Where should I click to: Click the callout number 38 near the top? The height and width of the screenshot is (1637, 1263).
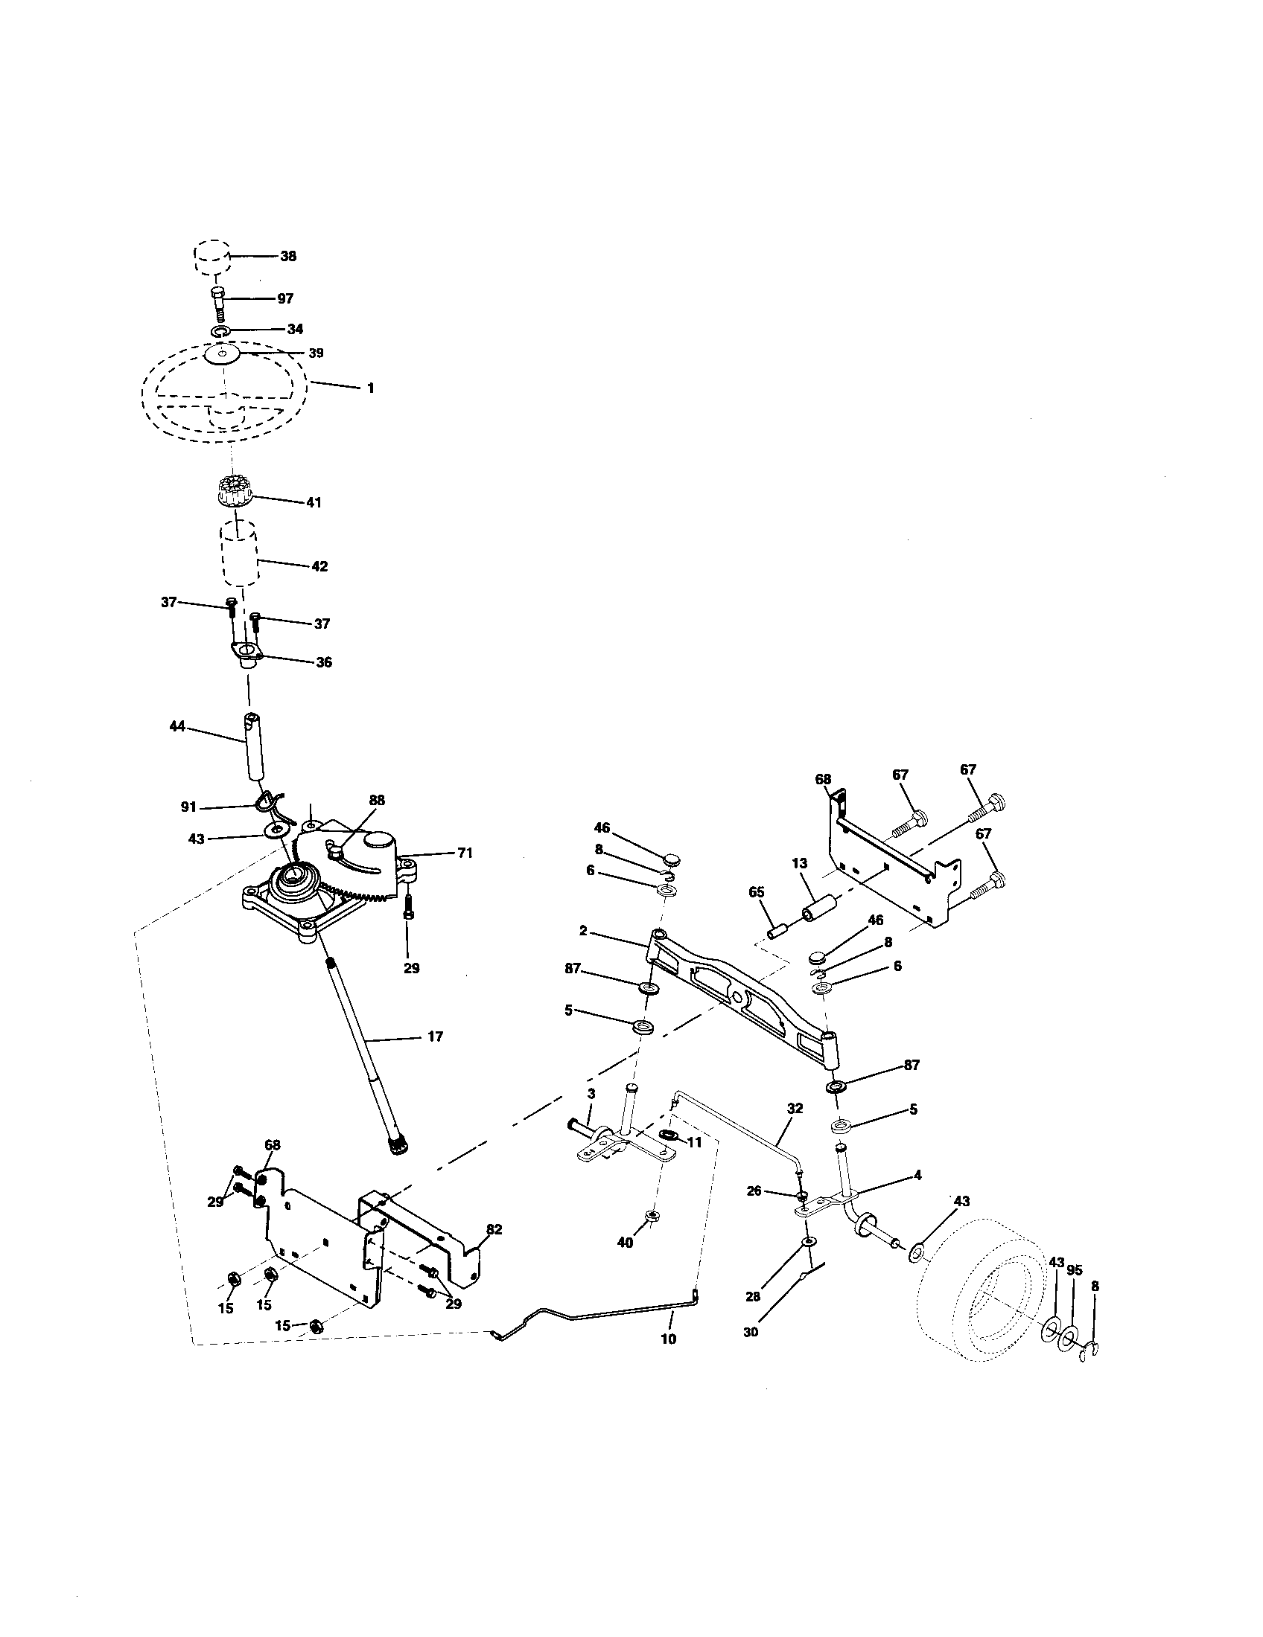click(288, 257)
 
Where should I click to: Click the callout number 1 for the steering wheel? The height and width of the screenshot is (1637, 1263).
click(370, 388)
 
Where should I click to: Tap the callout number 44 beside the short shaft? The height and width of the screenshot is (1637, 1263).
click(177, 726)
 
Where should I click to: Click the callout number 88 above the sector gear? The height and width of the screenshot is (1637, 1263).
click(377, 801)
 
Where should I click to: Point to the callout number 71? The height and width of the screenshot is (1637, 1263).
click(464, 853)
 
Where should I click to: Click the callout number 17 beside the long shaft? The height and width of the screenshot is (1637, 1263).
click(435, 1037)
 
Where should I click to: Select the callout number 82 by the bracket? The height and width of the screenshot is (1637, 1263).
click(494, 1230)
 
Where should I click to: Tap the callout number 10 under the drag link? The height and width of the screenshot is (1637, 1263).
click(667, 1339)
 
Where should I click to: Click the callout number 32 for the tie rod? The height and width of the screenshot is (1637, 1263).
click(795, 1108)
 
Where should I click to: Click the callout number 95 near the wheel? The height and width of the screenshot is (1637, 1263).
click(1075, 1270)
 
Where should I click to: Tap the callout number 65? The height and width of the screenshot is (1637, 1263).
click(756, 892)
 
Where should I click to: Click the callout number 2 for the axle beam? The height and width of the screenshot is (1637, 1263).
click(583, 932)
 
